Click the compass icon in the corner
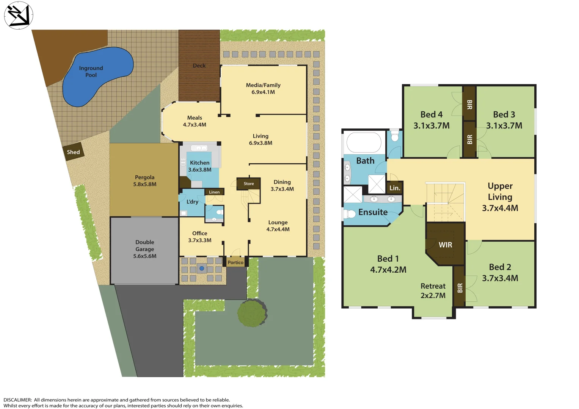point(18,15)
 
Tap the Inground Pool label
point(91,72)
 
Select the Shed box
point(74,152)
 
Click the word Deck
point(199,66)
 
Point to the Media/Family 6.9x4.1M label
point(263,89)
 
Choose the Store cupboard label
point(249,184)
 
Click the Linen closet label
point(214,192)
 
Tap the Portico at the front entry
point(235,262)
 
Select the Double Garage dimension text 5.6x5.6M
point(145,256)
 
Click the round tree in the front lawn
point(252,313)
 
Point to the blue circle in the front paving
point(202,269)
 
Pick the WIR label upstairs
point(445,245)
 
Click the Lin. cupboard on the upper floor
point(395,188)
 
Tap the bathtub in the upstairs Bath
point(364,142)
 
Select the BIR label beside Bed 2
point(460,288)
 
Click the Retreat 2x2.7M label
point(433,291)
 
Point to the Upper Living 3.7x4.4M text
point(500,197)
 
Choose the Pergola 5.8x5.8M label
point(145,181)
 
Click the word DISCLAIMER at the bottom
point(17,400)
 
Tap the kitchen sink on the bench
point(199,148)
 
